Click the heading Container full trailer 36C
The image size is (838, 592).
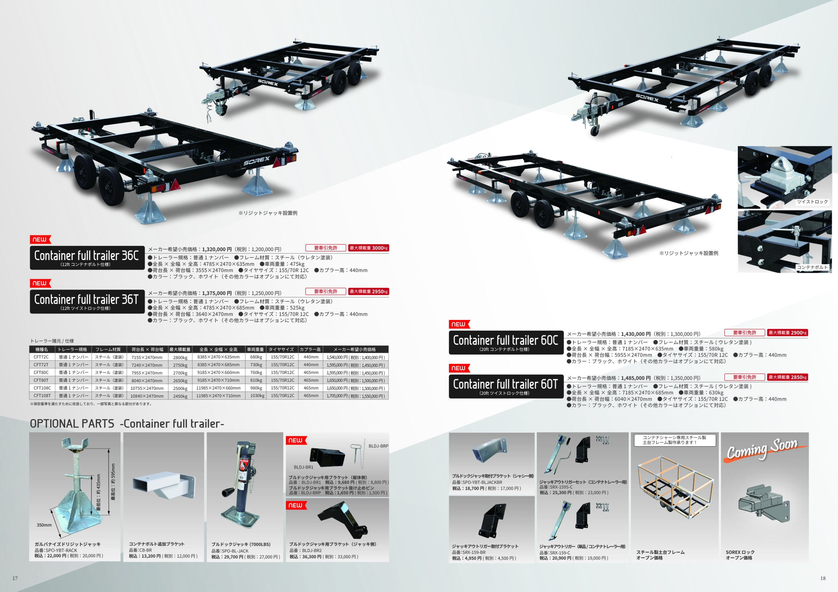[86, 256]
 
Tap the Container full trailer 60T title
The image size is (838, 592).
[505, 384]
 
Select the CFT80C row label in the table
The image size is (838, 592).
[41, 373]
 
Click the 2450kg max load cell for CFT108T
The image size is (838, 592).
[180, 396]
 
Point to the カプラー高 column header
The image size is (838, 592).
[310, 349]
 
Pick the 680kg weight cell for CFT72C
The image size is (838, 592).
[256, 357]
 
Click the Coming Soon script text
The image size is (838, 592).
[762, 449]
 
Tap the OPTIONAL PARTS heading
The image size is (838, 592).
[72, 424]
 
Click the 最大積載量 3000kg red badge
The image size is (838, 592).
[368, 248]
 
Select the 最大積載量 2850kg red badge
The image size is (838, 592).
[787, 377]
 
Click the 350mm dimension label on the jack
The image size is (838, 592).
[44, 525]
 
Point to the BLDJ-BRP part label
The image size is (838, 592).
[378, 446]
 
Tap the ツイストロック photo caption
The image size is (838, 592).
[812, 202]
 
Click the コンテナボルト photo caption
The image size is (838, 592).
[812, 267]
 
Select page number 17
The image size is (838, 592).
[15, 578]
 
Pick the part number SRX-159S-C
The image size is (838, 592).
[556, 487]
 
